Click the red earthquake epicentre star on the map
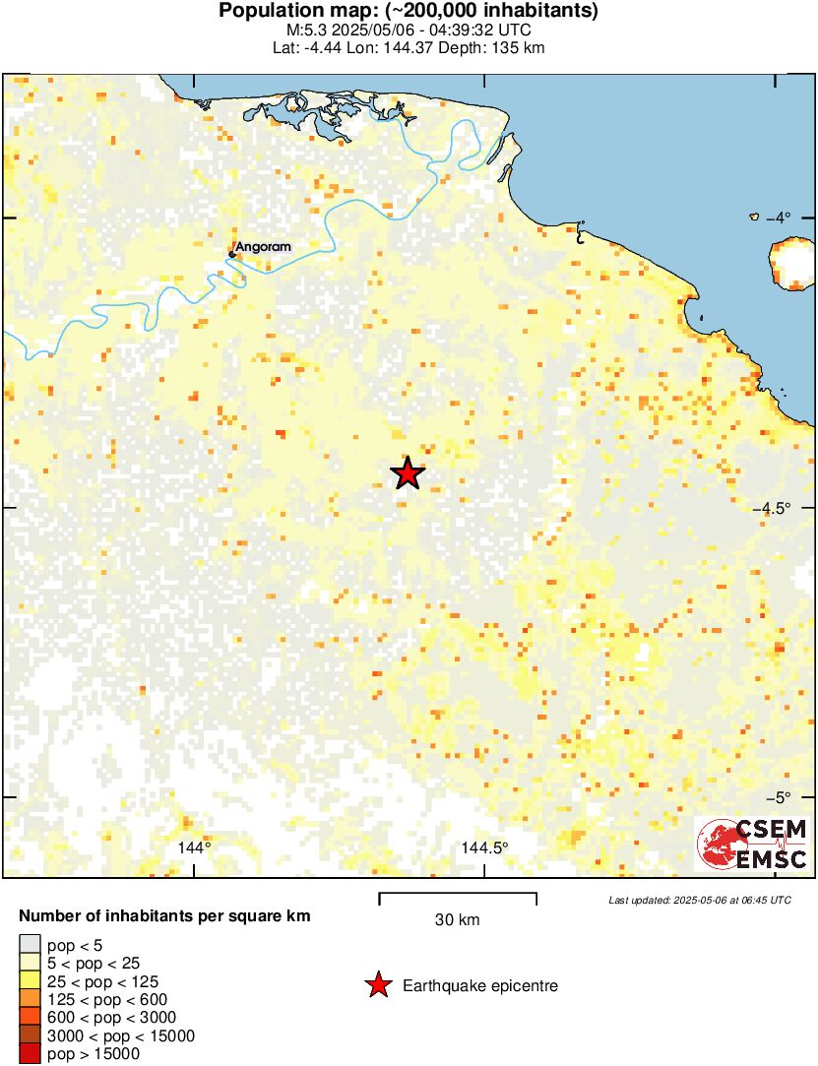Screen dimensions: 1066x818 tap(408, 473)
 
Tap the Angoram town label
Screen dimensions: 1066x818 tap(264, 246)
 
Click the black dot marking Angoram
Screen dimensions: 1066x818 tap(232, 254)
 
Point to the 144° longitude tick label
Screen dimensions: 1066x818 tap(195, 847)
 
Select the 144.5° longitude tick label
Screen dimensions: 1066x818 tap(485, 847)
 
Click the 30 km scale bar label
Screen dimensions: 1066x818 tap(457, 920)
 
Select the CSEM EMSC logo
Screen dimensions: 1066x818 tap(752, 844)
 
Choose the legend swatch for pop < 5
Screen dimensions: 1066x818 tap(31, 945)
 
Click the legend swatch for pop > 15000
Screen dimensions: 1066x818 tap(31, 1054)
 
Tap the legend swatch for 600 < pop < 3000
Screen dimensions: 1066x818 tap(31, 1018)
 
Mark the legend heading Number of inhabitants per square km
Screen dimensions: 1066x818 tap(165, 916)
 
